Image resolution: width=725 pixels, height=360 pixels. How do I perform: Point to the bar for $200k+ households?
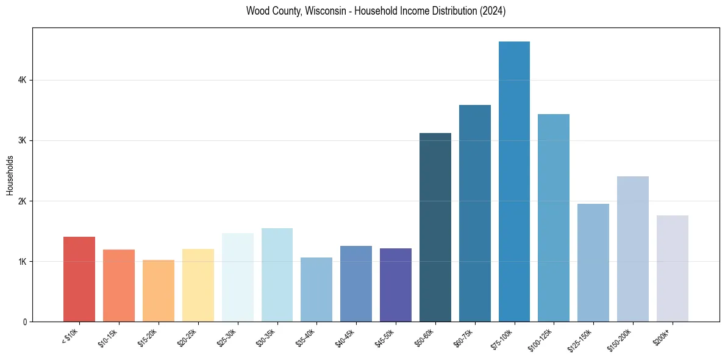(672, 268)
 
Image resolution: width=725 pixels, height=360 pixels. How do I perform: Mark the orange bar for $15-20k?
(159, 290)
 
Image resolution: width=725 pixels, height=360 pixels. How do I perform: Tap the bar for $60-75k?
(475, 213)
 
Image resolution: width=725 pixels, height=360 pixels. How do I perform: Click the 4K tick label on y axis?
(22, 80)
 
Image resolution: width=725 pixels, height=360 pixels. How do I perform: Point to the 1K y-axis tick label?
(22, 262)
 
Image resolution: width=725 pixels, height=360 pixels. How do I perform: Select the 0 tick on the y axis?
(24, 322)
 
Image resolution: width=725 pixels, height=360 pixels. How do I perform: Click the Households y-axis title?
(10, 175)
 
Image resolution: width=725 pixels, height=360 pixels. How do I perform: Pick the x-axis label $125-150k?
(582, 339)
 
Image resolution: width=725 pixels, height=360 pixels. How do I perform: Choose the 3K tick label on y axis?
(22, 140)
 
